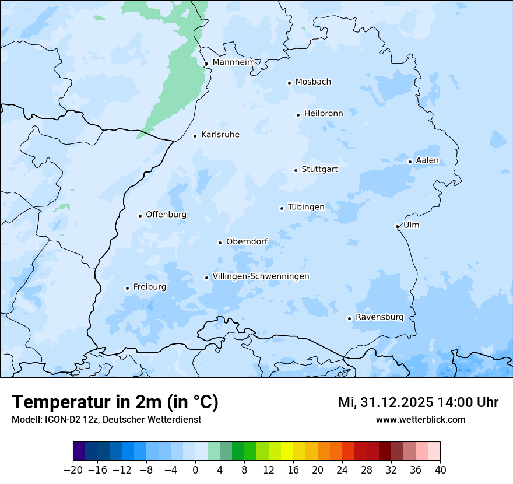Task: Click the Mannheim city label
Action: (233, 62)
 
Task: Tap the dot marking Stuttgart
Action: (296, 170)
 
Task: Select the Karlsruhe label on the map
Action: (220, 135)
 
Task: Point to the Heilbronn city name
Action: (324, 114)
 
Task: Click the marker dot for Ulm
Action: (397, 226)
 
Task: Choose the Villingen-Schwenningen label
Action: (261, 276)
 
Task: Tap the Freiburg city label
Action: (149, 287)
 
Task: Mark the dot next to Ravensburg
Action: (349, 318)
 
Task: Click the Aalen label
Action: (427, 160)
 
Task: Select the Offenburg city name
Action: (166, 215)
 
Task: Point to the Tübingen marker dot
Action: (282, 208)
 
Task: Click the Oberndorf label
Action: (247, 241)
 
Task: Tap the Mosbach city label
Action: (313, 82)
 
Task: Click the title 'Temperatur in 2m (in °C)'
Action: (115, 402)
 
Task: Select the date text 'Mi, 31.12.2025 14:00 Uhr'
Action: (418, 402)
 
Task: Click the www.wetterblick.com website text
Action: (420, 419)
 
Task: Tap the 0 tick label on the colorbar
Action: (195, 470)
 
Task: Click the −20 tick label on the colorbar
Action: (73, 470)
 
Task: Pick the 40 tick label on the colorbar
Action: (440, 470)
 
